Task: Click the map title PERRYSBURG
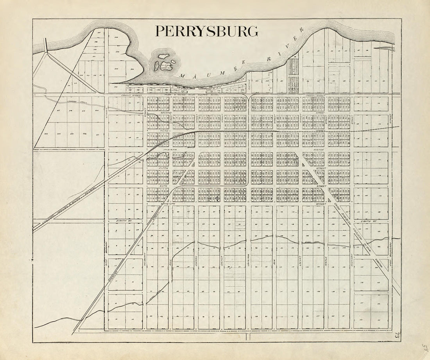point(206,31)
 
